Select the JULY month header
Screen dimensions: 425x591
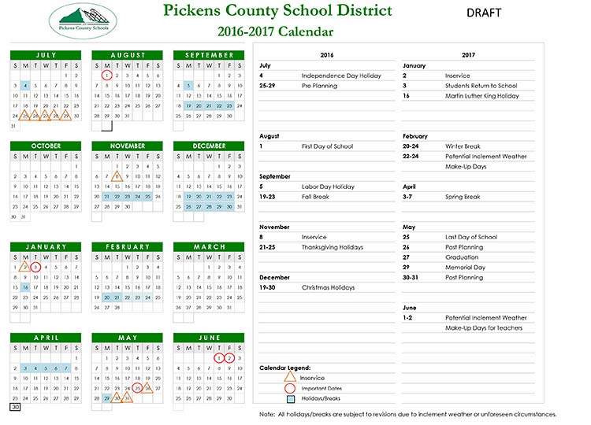tap(45, 55)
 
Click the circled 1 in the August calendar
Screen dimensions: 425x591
tap(107, 76)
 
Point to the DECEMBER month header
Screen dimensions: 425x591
tap(209, 146)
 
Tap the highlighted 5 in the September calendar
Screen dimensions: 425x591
tap(188, 86)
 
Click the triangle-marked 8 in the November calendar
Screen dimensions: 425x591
tap(117, 176)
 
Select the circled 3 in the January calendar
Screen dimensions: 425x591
tap(35, 267)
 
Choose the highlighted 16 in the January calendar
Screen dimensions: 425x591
tap(25, 287)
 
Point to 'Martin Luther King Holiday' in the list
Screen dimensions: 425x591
tap(481, 96)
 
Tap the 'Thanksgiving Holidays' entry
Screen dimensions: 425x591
tap(332, 247)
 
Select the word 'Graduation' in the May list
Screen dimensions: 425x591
tap(461, 257)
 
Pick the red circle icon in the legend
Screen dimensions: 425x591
tap(289, 388)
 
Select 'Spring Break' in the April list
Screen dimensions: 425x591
tap(462, 197)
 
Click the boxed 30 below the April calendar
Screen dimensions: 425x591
tap(14, 408)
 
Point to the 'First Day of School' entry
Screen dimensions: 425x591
tap(327, 146)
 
